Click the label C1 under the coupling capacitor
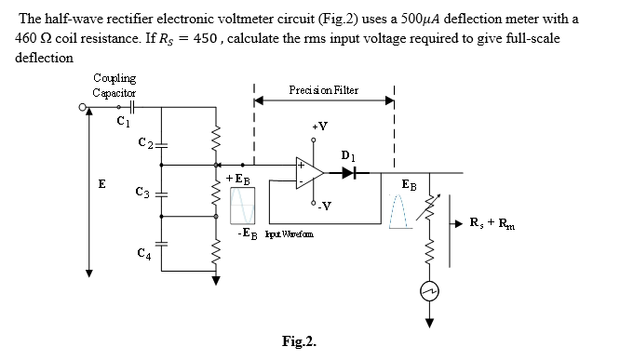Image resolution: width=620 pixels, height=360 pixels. [x=121, y=120]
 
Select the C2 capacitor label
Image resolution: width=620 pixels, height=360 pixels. [x=142, y=141]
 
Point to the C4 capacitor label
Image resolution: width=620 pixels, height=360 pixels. [x=142, y=253]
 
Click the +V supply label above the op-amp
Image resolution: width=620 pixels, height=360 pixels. [x=318, y=126]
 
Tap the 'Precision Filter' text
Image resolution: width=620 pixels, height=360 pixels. [x=325, y=90]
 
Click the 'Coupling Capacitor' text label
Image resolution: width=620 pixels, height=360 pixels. [x=115, y=85]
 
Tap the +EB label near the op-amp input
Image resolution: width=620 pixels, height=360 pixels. [x=236, y=178]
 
